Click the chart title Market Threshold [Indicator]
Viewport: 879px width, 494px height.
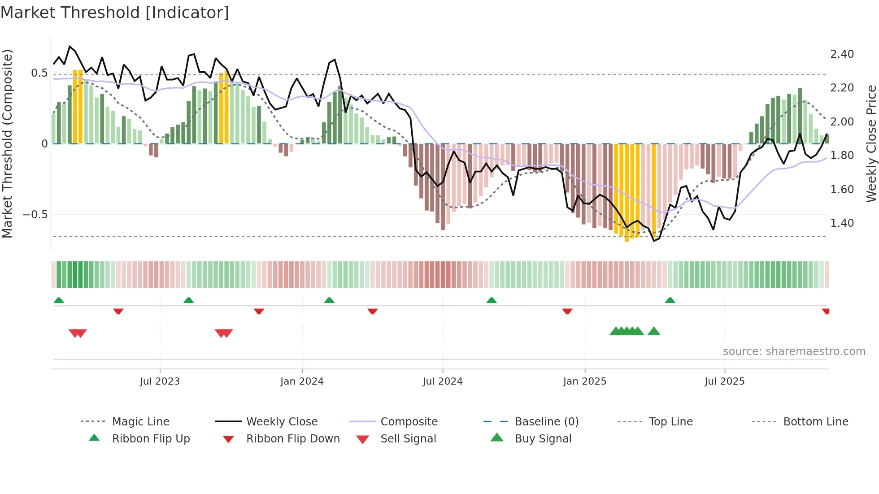(115, 13)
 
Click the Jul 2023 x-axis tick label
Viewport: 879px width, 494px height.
(160, 381)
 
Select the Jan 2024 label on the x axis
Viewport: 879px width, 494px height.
(302, 381)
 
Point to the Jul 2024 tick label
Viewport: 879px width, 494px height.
(443, 381)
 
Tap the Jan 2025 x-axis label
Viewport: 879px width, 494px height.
(585, 381)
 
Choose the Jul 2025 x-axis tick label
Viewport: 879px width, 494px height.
(725, 381)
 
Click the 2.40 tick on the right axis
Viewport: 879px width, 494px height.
(842, 54)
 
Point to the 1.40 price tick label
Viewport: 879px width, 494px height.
(842, 223)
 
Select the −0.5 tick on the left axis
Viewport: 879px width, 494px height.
(35, 215)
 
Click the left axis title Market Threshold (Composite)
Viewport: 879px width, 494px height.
(7, 143)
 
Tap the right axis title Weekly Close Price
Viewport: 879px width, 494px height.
(871, 143)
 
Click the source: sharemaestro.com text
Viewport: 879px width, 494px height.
(794, 351)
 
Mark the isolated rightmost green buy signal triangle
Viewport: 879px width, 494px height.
(654, 331)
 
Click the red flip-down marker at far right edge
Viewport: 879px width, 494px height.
(826, 311)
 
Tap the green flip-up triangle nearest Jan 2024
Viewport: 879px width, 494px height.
(329, 300)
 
